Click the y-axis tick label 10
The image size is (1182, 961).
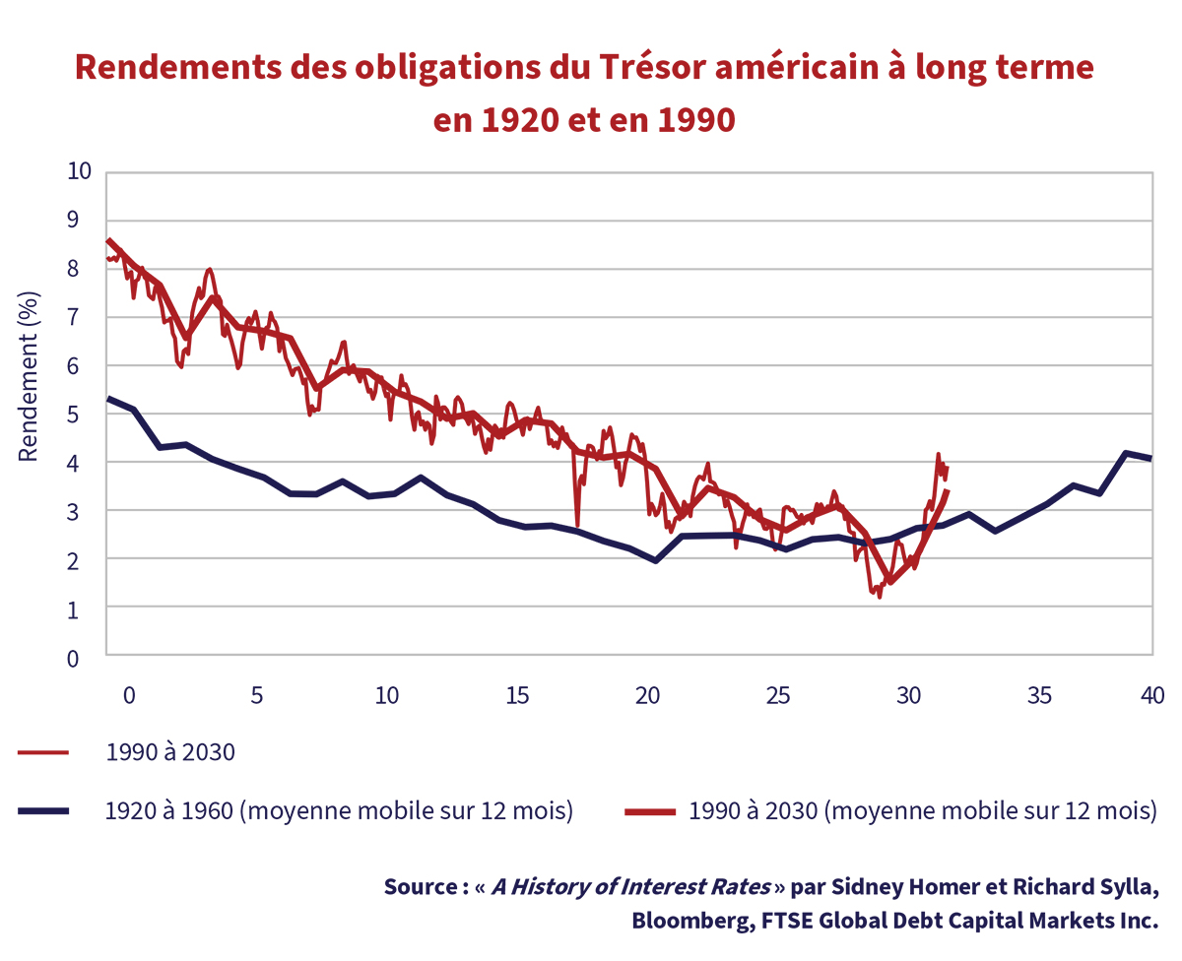[x=79, y=171]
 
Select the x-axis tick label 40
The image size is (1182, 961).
[x=1151, y=695]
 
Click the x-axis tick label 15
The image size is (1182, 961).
[x=517, y=695]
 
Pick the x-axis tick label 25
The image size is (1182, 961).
[x=778, y=695]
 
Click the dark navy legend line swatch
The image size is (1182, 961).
[x=42, y=811]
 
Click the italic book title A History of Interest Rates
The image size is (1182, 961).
[x=631, y=886]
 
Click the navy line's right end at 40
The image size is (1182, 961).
[x=1151, y=459]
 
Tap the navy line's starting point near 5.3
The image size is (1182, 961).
[x=108, y=399]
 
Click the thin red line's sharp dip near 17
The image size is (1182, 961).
[x=576, y=526]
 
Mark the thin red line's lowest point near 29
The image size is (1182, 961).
[x=879, y=597]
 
